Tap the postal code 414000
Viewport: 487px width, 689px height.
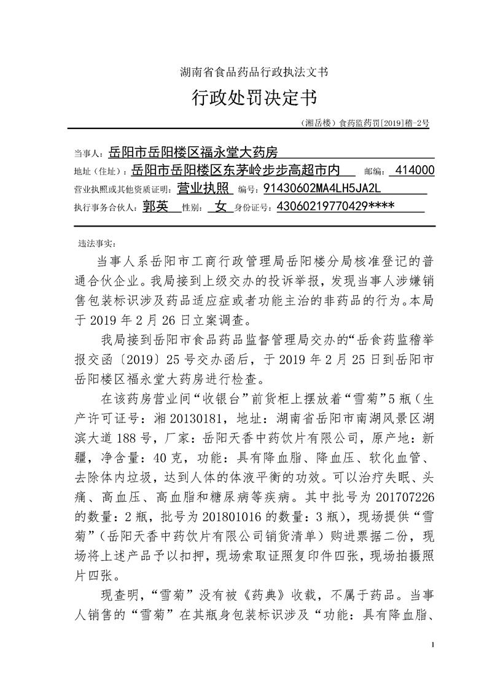click(416, 170)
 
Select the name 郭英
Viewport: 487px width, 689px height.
click(155, 207)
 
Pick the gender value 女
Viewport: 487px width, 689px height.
click(218, 207)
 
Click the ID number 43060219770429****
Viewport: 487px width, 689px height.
click(336, 207)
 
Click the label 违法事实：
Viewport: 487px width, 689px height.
click(92, 243)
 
